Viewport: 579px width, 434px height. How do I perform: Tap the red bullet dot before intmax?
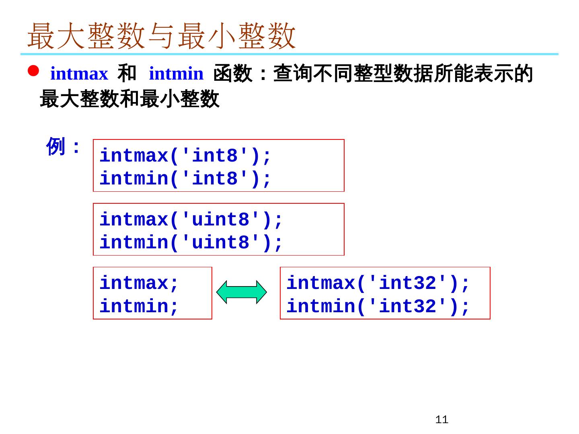(33, 72)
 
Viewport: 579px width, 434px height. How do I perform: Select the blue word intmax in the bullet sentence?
(79, 74)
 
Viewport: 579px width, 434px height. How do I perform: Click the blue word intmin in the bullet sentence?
(176, 74)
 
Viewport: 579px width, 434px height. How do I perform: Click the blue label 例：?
(64, 146)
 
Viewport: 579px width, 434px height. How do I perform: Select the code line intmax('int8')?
(185, 156)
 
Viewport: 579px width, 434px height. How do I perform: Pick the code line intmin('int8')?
(185, 179)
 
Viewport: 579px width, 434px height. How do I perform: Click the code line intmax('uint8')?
(191, 220)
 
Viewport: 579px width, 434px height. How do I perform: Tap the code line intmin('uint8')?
(191, 243)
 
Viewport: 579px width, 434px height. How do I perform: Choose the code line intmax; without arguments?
(139, 283)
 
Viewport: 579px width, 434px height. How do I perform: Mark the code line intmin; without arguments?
(139, 306)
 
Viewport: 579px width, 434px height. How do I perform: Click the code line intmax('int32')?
(378, 283)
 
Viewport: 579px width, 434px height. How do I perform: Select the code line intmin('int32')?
(378, 306)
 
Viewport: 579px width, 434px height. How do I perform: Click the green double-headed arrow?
(242, 293)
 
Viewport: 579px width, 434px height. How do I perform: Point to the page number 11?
(441, 420)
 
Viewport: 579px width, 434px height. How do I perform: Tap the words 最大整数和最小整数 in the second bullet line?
(129, 99)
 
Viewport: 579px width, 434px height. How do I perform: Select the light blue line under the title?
(289, 54)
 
